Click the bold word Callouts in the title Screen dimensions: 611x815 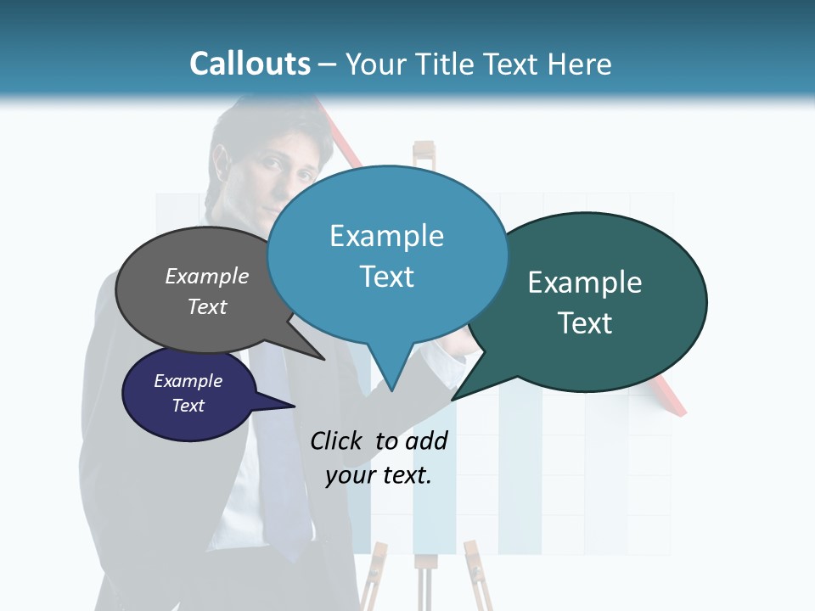[x=250, y=64]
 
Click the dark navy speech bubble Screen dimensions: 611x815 [x=188, y=394]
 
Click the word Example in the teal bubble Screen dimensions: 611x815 [x=585, y=283]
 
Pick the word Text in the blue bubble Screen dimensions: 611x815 [x=387, y=277]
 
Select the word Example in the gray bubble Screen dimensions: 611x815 [x=207, y=277]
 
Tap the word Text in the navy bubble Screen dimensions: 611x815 [x=188, y=406]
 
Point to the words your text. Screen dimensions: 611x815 [x=379, y=475]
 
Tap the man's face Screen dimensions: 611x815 [x=284, y=178]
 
